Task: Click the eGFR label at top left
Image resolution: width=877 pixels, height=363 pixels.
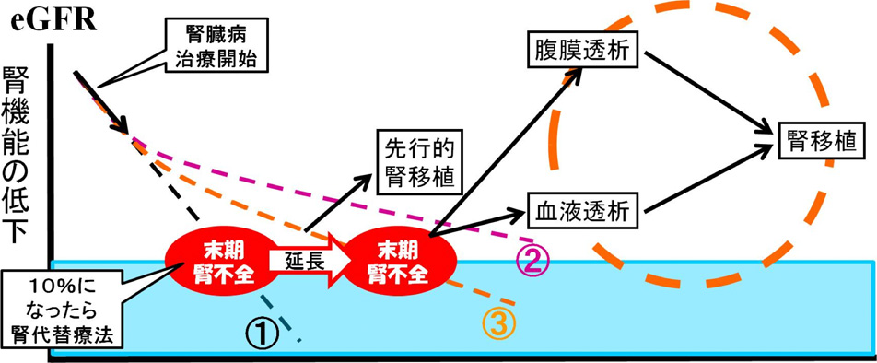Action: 49,18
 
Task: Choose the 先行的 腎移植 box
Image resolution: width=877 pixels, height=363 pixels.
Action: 418,162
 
